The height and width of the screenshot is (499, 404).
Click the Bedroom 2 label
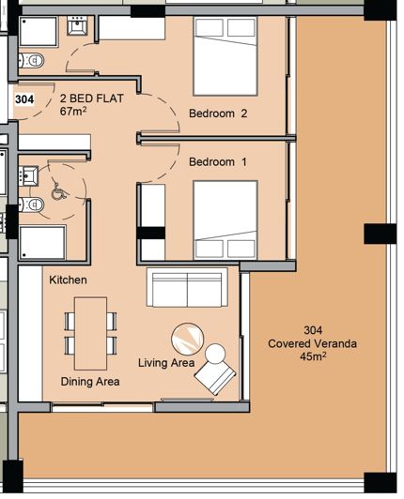click(217, 114)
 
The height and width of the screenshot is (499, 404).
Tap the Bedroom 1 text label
click(217, 162)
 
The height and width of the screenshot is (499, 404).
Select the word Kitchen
click(68, 280)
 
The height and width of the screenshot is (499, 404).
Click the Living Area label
click(166, 363)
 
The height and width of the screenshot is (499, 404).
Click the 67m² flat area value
click(73, 111)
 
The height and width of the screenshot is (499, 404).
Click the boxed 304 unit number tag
click(24, 98)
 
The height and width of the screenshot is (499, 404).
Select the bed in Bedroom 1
click(225, 220)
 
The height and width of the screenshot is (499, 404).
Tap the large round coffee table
click(187, 337)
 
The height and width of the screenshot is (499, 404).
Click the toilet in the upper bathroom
click(36, 62)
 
